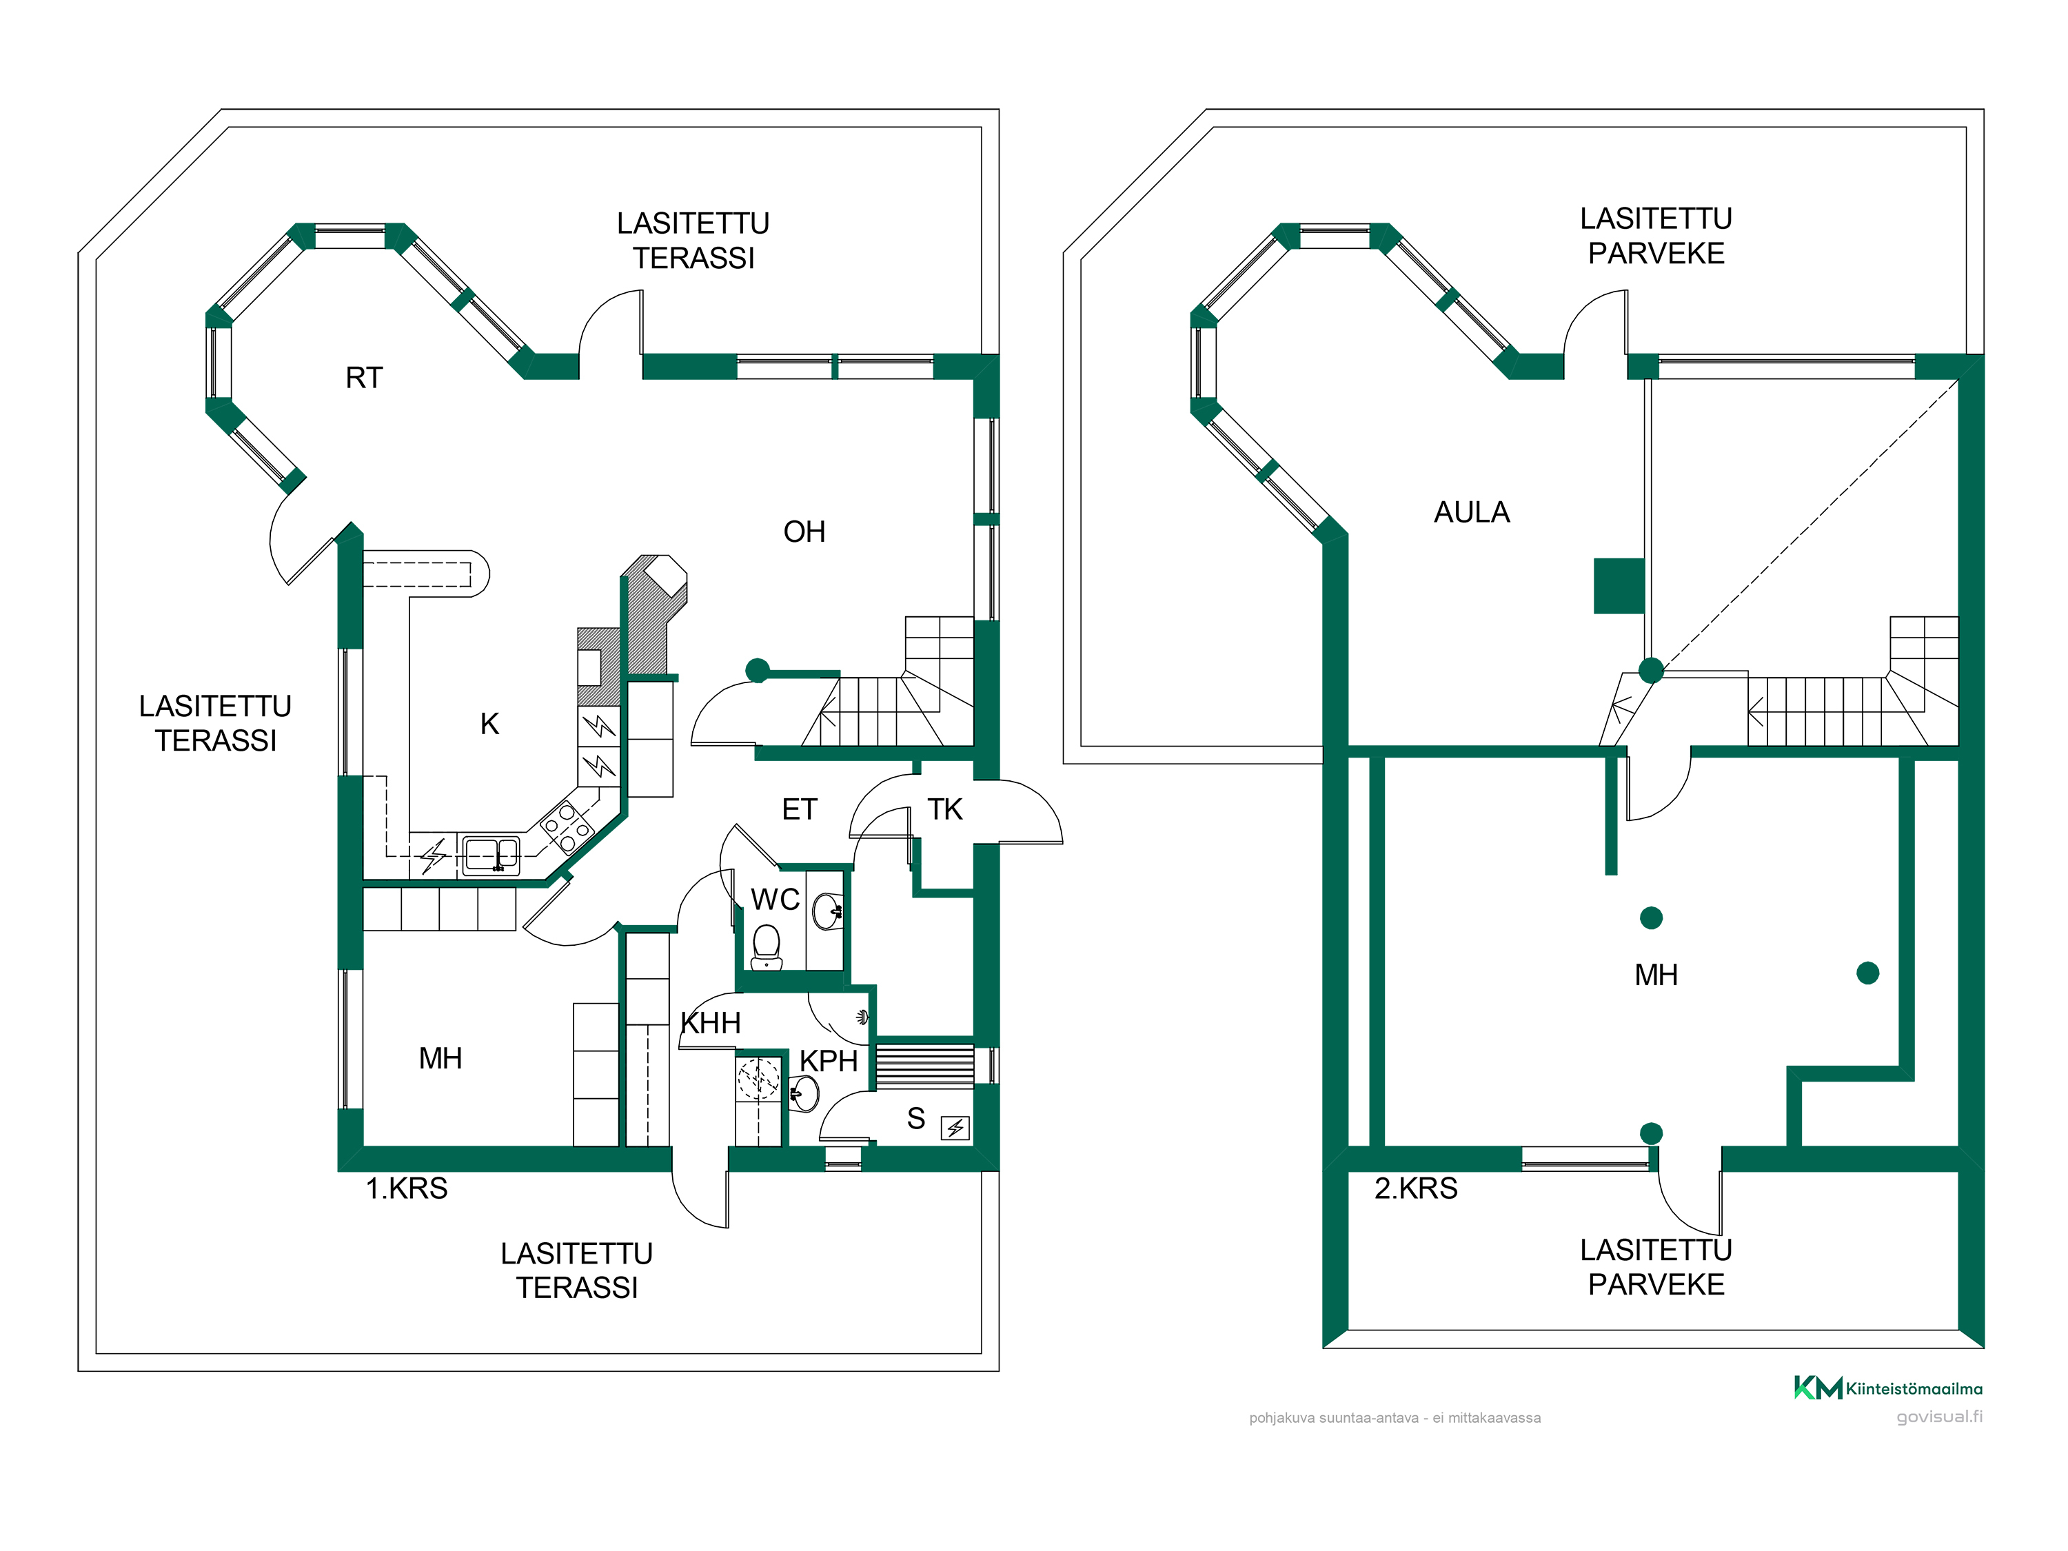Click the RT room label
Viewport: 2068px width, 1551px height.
[364, 378]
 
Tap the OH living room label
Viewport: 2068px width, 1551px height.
[804, 532]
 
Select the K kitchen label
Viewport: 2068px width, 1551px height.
[489, 724]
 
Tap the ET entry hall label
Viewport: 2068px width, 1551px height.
[800, 810]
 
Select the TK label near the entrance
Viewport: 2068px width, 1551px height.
[944, 810]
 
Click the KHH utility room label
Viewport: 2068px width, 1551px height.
[711, 1023]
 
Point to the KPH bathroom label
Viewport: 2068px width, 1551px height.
[829, 1061]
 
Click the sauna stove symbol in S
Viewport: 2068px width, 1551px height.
[955, 1128]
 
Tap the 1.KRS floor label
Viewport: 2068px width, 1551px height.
[407, 1188]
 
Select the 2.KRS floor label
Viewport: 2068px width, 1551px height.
[1415, 1188]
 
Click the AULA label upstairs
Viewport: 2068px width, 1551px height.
[1472, 512]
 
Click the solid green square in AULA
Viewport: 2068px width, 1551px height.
[1619, 586]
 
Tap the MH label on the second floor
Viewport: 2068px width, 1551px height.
[1656, 975]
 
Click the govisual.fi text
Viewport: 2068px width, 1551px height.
[1939, 1417]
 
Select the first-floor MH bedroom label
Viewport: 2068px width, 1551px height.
[440, 1058]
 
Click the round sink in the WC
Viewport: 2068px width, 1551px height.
[827, 911]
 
